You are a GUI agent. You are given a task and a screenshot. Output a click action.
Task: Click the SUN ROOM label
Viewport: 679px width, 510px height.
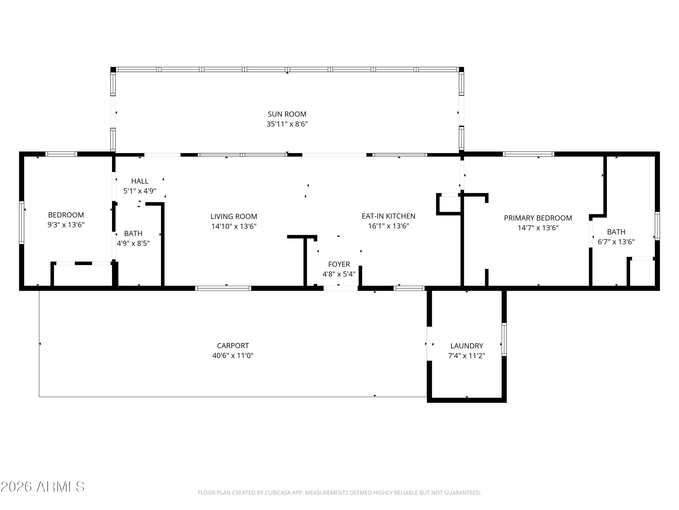tap(287, 114)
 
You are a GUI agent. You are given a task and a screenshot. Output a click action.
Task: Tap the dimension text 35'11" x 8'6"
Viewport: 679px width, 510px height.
tap(287, 124)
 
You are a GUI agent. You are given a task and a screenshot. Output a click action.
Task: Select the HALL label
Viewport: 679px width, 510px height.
tap(140, 181)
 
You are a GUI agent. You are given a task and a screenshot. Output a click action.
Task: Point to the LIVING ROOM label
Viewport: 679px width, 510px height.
tap(234, 216)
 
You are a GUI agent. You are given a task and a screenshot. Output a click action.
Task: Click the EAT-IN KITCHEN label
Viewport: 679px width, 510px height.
tap(388, 216)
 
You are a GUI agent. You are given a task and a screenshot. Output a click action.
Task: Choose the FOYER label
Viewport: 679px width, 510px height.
tap(339, 264)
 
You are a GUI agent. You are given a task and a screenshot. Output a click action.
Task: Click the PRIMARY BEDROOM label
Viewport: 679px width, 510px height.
tap(538, 218)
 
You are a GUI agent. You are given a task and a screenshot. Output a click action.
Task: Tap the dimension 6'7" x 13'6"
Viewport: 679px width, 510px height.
tap(616, 242)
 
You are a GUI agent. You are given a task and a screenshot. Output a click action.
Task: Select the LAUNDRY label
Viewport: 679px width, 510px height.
tap(466, 346)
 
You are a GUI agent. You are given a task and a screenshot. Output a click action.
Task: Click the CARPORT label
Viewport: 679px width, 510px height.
tap(233, 345)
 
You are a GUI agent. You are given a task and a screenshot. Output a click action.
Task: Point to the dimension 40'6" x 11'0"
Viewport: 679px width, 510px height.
tap(233, 356)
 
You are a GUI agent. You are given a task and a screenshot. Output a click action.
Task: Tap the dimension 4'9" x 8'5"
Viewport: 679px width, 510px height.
tap(133, 243)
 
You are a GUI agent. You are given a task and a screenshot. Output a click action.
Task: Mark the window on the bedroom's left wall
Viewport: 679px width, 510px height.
tap(22, 223)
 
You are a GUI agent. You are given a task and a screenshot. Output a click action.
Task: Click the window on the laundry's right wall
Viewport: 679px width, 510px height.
tap(504, 339)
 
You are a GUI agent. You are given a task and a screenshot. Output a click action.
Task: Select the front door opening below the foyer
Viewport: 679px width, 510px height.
tap(340, 288)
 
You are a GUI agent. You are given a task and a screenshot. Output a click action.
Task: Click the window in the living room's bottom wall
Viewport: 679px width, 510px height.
tap(223, 288)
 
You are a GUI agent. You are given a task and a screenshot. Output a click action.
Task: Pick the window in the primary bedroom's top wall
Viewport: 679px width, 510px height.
tap(528, 154)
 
